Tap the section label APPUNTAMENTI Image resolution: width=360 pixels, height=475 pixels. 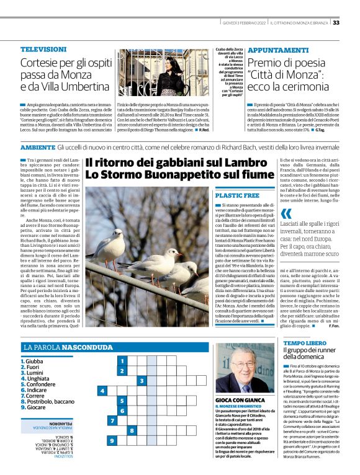pos(277,49)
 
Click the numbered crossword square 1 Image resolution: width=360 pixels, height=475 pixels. pos(122,361)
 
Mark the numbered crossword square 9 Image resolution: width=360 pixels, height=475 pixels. pos(112,440)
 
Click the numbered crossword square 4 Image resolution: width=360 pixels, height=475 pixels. pos(102,391)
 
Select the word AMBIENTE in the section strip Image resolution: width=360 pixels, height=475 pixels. pos(37,148)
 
